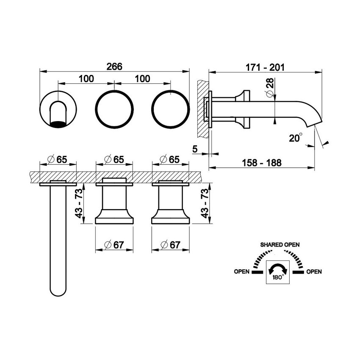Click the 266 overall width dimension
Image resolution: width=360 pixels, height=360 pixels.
pos(114,66)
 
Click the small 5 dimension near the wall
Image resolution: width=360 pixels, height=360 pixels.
pos(194,149)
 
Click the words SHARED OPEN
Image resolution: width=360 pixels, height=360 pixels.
pos(280,245)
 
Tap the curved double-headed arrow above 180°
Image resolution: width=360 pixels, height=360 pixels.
pos(277,269)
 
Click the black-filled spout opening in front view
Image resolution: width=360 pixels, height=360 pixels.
pos(59,124)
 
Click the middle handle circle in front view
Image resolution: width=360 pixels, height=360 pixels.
pos(114,108)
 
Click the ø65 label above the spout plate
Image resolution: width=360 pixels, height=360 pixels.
pos(58,160)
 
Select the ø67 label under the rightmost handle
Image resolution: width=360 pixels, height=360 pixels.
pos(171,245)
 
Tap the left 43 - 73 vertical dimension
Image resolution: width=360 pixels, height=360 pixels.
pos(79,204)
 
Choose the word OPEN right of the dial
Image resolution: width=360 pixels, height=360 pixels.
pos(314,271)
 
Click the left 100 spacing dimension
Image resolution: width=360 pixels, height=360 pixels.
pos(86,79)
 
